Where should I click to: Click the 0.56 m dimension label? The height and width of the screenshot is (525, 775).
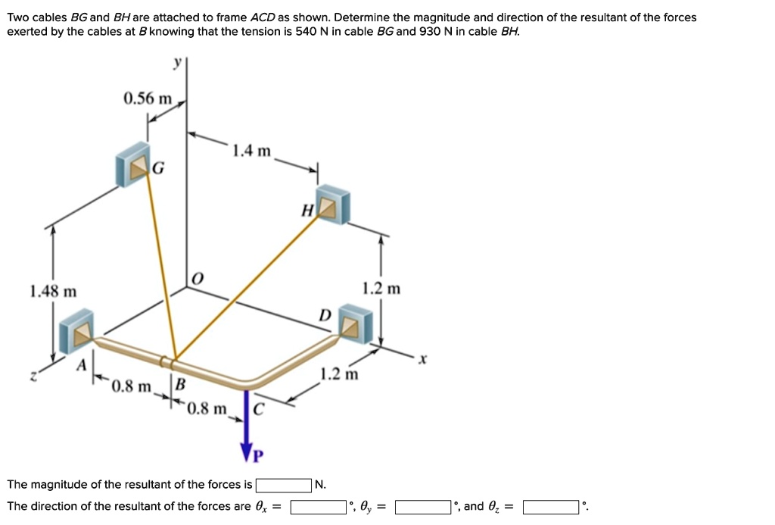(148, 99)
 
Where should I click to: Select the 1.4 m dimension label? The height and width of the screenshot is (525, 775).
(252, 151)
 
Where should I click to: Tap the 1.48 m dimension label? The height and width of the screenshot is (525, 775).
(53, 291)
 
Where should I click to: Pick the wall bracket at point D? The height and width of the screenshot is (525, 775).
(356, 324)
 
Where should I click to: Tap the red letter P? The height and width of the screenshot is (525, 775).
(259, 455)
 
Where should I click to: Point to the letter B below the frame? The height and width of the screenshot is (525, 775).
(180, 383)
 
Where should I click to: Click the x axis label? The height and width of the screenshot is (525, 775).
(424, 363)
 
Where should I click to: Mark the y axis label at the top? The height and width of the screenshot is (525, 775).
(177, 64)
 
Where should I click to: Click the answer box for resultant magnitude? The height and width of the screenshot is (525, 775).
(284, 485)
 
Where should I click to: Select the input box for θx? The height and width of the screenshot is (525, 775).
(319, 507)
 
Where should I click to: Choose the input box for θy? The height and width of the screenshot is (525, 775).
(423, 507)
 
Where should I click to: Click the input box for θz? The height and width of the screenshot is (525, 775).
(551, 507)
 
